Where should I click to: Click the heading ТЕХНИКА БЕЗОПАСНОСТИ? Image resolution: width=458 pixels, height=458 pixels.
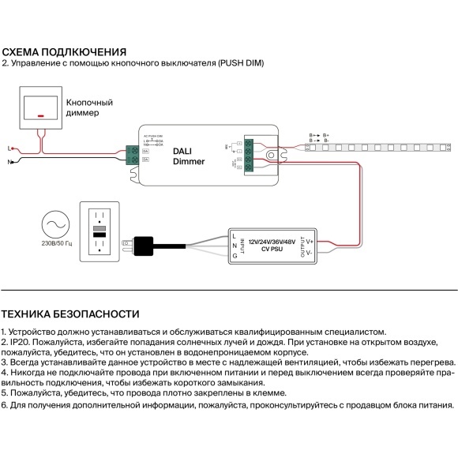70,313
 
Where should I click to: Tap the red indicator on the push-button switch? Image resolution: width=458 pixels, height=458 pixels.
40,115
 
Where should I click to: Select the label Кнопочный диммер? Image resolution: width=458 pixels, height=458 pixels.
89,108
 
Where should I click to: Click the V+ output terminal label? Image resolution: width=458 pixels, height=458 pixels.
310,240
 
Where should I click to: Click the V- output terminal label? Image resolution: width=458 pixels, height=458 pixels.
310,253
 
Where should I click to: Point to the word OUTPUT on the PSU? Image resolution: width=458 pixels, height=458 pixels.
301,247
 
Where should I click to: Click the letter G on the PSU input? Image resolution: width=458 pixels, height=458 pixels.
235,257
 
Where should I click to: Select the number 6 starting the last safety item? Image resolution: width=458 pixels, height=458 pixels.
4,405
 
